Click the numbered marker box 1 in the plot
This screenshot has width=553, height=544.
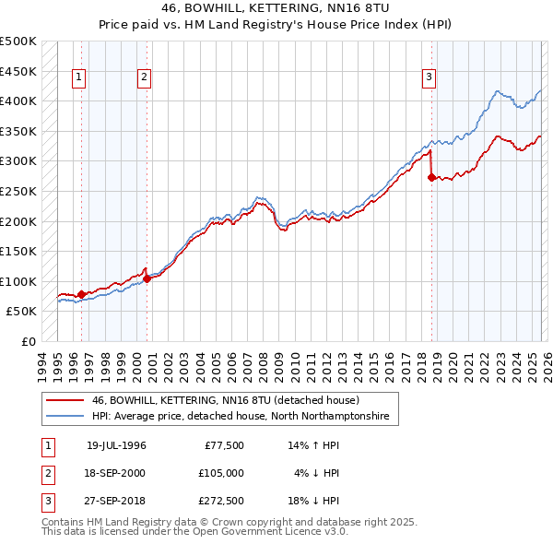[80, 78]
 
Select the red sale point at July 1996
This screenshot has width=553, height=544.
[81, 295]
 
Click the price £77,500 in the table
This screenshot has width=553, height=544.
[223, 445]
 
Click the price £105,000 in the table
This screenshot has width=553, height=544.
[221, 473]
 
